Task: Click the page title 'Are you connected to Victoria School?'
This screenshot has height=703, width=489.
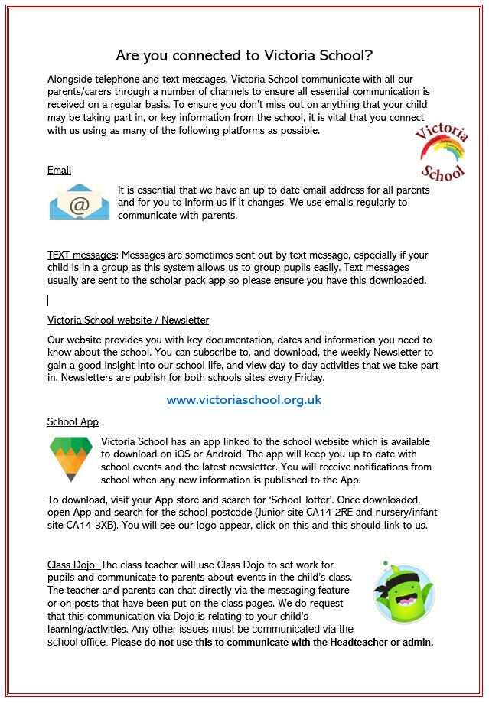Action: (x=244, y=55)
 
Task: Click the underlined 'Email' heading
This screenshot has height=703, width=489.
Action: (x=59, y=170)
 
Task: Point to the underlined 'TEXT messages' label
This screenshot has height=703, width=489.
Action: (x=82, y=255)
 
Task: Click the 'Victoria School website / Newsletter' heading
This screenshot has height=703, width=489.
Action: (x=128, y=320)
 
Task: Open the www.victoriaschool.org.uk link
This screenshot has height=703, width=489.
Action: (x=243, y=399)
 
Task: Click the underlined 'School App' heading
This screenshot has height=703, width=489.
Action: (x=73, y=421)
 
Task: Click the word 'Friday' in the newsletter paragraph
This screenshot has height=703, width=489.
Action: (x=308, y=378)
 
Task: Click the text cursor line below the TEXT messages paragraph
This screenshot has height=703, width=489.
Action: (x=48, y=300)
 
